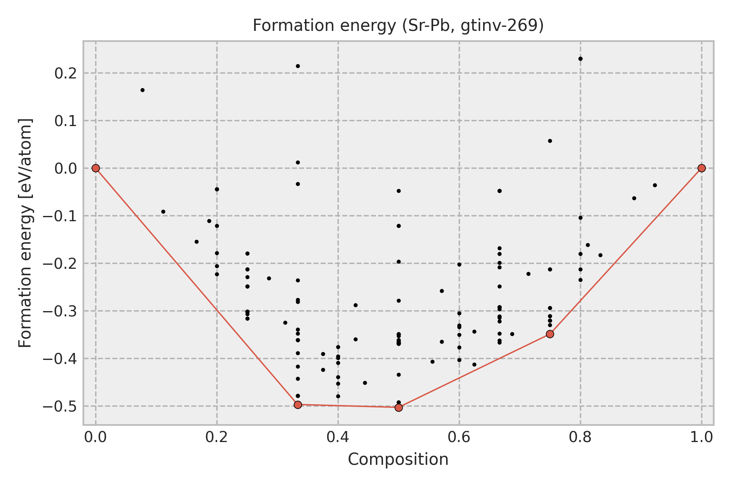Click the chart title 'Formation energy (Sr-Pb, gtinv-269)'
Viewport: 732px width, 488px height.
pos(398,26)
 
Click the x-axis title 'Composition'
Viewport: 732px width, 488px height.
pos(398,460)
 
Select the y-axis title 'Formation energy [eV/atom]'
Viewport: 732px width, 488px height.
pos(25,233)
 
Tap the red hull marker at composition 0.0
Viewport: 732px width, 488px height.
pos(96,168)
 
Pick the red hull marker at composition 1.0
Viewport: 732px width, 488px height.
pos(701,168)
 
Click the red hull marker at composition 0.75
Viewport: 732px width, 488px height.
pos(550,334)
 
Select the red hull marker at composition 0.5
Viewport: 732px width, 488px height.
pos(399,407)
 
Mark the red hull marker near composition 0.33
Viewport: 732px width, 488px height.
pos(298,405)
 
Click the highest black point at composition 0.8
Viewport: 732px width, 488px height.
pos(580,59)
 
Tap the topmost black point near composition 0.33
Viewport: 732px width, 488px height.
pos(298,66)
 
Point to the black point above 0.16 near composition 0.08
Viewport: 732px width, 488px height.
pos(142,90)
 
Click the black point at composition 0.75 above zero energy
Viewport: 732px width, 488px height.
pos(550,141)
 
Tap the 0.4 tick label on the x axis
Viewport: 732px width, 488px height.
pos(338,437)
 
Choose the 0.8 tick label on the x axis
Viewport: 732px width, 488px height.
pos(580,437)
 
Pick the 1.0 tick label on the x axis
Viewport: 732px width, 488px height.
pos(701,437)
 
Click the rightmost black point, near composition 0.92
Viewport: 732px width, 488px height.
pos(655,185)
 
